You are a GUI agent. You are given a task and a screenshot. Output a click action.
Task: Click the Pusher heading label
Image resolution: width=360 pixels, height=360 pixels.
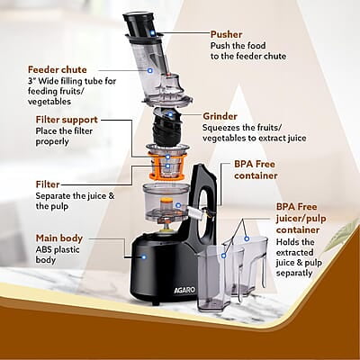tap(226, 34)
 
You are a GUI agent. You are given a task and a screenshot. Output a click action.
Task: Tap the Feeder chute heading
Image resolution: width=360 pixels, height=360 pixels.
tap(58, 69)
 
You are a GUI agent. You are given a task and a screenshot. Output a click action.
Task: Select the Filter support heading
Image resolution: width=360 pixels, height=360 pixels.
tap(67, 120)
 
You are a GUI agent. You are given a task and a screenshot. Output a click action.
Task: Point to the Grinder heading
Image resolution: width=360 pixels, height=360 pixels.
tap(220, 116)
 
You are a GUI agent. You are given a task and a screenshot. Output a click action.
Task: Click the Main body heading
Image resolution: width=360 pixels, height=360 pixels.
tap(59, 238)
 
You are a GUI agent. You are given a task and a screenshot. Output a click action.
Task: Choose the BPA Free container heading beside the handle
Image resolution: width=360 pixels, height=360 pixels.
tap(256, 170)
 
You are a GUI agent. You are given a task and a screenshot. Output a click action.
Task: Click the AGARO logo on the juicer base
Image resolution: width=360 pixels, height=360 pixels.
tap(184, 291)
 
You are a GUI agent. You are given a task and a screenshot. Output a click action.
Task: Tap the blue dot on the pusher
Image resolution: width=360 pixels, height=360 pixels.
tap(153, 32)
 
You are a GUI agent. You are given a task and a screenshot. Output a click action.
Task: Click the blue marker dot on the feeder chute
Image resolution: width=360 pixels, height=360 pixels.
tap(149, 71)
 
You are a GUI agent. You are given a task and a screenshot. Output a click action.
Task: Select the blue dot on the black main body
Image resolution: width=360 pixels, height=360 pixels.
tap(144, 257)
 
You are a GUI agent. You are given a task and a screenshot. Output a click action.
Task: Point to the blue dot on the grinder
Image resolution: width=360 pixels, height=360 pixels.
tap(170, 114)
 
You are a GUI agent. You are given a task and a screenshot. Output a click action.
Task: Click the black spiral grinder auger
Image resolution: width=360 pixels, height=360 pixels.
tap(166, 128)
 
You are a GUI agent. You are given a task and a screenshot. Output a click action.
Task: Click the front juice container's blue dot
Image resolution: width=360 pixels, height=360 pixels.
tap(223, 256)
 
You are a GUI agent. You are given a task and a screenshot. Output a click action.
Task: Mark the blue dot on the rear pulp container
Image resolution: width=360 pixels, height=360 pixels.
tap(247, 238)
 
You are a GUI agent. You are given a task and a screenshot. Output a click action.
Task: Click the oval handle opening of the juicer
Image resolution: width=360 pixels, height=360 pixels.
tap(206, 214)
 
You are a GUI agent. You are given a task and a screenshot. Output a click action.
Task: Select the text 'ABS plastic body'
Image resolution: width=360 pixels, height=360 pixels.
tap(58, 255)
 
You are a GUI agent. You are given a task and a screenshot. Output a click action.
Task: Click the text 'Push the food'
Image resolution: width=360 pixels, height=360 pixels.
tap(238, 46)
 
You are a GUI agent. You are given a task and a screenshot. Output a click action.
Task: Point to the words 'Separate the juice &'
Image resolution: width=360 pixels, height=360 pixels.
tap(75, 196)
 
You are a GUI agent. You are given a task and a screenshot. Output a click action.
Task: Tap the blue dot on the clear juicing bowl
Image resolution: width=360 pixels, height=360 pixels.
tap(178, 205)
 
